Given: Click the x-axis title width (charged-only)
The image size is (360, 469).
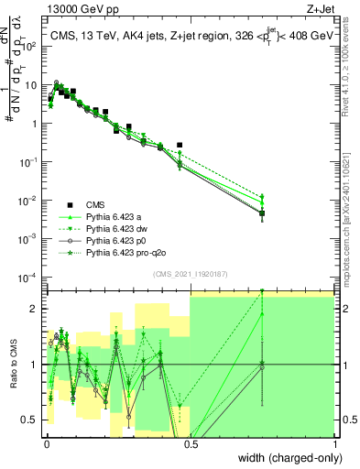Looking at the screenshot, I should pos(284,459).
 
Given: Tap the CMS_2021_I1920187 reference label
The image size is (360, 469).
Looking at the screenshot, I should pos(190,274).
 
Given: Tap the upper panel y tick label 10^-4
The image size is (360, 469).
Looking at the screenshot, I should pos(30,277).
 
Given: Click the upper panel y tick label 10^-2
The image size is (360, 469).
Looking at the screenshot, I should pos(30,200).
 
